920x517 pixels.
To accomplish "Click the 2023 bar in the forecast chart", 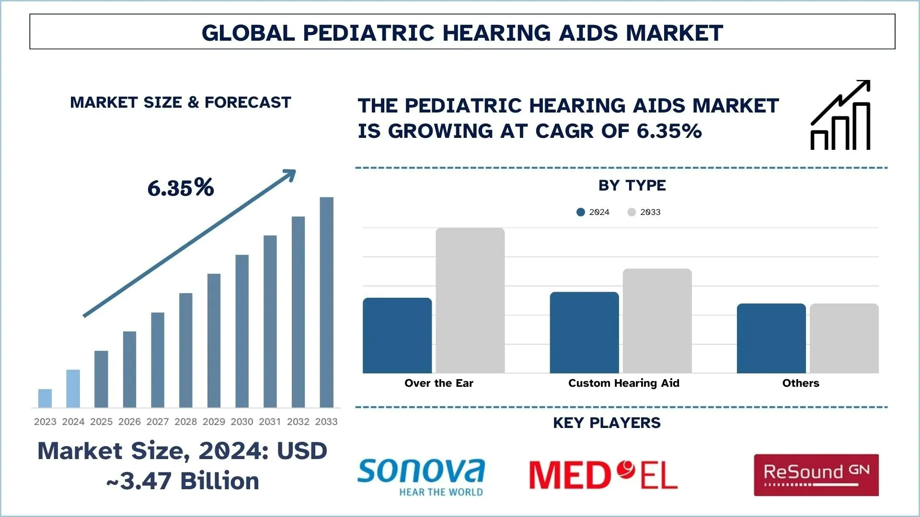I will (45, 398).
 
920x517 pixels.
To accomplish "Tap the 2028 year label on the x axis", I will (185, 422).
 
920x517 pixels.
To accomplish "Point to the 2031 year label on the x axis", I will (270, 422).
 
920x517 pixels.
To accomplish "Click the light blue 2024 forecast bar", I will (73, 389).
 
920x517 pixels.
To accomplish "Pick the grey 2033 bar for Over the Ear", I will (470, 301).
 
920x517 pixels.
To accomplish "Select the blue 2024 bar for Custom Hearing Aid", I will (584, 333).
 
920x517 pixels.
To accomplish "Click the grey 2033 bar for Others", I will (844, 338).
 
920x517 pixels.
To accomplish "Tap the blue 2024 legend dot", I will (581, 212).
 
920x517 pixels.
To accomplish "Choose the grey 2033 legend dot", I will (632, 212).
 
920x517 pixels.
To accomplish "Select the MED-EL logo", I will (603, 475).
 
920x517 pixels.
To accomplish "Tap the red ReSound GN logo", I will (816, 475).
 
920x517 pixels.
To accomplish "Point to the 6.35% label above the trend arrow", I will (181, 188).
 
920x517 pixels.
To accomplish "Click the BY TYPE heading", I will (632, 185).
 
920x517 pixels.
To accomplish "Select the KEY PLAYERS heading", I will (607, 423).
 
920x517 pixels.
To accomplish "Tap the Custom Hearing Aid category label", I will (623, 383).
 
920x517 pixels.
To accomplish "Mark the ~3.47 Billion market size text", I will (183, 481).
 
